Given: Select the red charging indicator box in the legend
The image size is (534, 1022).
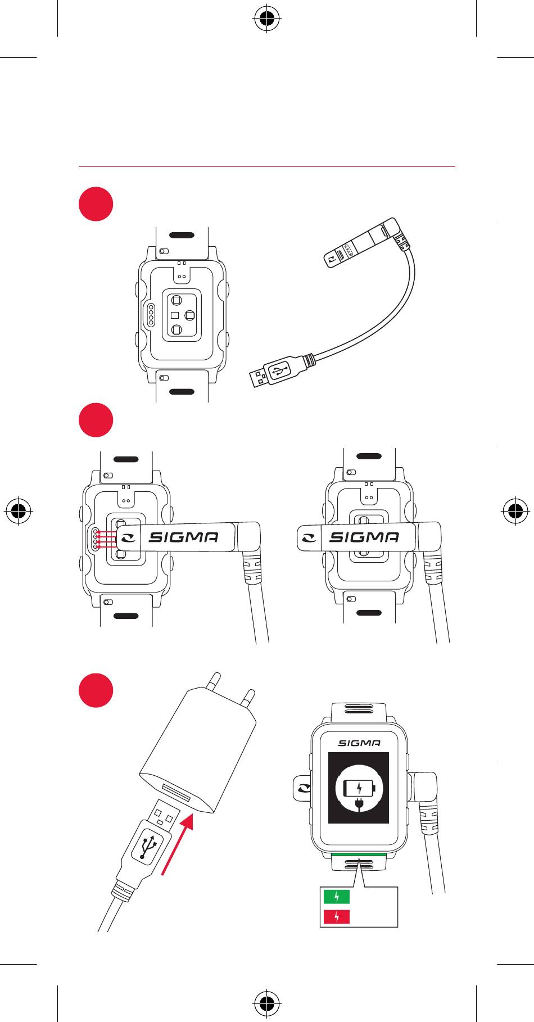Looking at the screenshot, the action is click(x=336, y=917).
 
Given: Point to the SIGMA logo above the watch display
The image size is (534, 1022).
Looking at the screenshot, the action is click(x=359, y=743).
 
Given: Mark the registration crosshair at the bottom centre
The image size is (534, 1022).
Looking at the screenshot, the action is click(x=267, y=1001).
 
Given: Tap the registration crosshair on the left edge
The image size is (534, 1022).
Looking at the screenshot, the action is click(x=20, y=510).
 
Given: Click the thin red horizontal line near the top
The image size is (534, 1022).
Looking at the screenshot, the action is click(x=267, y=167).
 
